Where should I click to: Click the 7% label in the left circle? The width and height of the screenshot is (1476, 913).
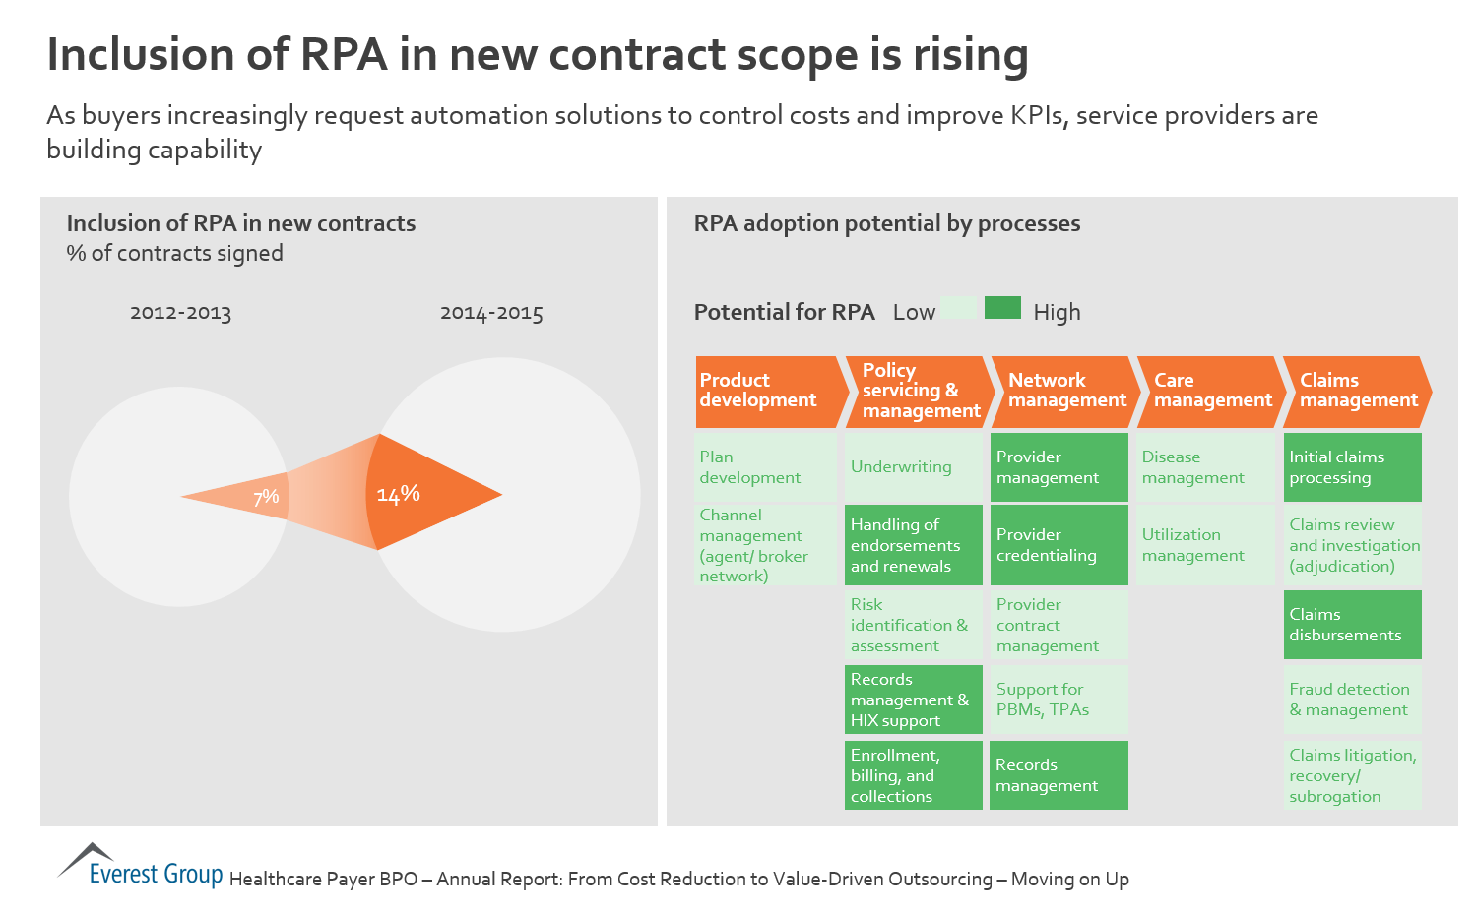coord(266,497)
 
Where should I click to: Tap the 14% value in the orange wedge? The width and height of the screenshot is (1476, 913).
coord(399,494)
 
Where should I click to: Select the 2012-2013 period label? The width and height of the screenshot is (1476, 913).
coord(180,314)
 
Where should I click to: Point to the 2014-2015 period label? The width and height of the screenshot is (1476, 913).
coord(491,314)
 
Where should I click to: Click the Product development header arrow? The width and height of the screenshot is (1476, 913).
coord(769,391)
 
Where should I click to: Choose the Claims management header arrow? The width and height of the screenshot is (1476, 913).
coord(1357,391)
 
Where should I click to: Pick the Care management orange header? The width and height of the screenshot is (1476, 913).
coord(1210,391)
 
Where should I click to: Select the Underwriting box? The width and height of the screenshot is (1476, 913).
coord(914,467)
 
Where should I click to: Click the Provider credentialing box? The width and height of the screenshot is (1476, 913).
coord(1059,545)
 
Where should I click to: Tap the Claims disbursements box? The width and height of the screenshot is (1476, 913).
coord(1352,625)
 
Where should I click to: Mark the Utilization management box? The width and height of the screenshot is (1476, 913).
coord(1205,545)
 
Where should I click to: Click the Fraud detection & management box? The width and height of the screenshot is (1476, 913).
coord(1352,700)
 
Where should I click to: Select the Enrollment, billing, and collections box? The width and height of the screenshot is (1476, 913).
coord(914,775)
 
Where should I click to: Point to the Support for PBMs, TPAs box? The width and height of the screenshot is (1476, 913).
coord(1059,700)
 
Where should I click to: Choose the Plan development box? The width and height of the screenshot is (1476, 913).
coord(765,467)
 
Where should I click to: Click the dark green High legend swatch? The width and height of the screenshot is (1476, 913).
coord(1002,308)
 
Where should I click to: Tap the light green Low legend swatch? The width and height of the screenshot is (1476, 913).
coord(958,308)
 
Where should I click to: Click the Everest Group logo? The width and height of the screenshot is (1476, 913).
coord(140,866)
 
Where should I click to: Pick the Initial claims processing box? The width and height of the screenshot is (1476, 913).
coord(1352,467)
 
